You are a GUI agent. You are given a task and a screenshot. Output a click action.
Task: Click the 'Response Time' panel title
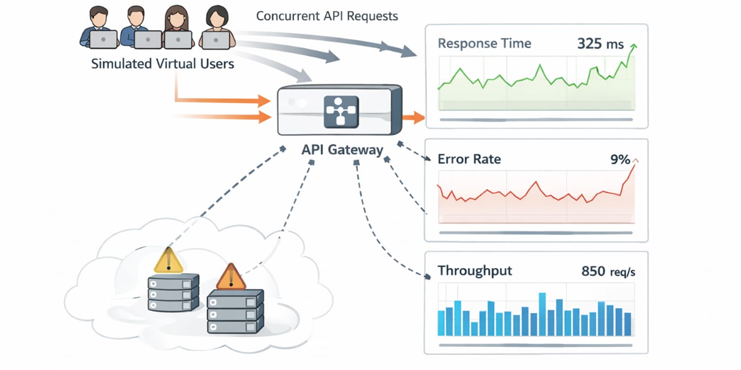click(484, 43)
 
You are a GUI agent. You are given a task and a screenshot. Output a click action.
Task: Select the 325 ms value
click(600, 44)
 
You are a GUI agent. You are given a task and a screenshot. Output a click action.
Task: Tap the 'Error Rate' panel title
click(469, 159)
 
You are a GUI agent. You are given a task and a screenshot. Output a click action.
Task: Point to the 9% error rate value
click(620, 159)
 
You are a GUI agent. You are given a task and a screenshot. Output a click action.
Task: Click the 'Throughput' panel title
click(474, 271)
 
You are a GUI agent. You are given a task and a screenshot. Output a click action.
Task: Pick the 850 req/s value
click(608, 271)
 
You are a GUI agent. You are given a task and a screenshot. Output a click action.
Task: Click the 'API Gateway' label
click(342, 150)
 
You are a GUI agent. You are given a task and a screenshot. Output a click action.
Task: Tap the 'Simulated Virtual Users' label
click(163, 63)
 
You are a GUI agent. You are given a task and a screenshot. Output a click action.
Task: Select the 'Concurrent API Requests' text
click(327, 16)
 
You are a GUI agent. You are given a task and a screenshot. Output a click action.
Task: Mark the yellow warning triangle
click(168, 260)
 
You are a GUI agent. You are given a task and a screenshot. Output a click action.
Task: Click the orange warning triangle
click(231, 277)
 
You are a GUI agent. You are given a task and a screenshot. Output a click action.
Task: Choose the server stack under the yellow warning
click(173, 293)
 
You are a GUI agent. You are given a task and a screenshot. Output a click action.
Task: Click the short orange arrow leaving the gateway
click(412, 117)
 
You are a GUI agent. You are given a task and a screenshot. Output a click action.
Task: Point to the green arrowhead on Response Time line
click(633, 47)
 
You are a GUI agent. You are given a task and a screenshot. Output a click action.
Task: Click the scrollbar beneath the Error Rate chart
click(536, 233)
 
